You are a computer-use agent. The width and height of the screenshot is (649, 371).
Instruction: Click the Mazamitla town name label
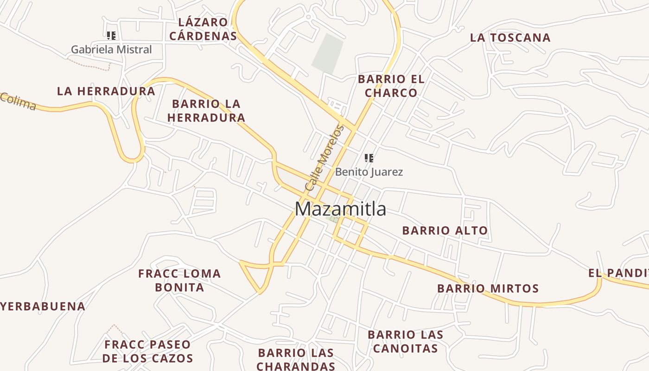[340, 209]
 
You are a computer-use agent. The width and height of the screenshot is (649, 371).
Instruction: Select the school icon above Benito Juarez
[369, 158]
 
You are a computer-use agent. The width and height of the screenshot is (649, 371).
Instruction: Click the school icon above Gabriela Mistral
[111, 35]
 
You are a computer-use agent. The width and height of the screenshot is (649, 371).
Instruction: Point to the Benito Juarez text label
[369, 172]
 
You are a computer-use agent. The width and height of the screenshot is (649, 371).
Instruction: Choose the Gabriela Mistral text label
[111, 49]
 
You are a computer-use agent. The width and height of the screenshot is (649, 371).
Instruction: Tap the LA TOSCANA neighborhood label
[510, 38]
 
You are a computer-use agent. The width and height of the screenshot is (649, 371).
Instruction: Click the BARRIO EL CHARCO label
[391, 86]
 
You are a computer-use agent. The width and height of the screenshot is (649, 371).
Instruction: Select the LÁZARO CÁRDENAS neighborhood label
[203, 29]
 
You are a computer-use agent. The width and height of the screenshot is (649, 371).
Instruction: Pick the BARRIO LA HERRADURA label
[206, 111]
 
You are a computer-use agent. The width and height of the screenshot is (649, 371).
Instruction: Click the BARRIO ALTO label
[445, 230]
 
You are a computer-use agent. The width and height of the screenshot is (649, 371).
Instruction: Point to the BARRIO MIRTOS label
[488, 288]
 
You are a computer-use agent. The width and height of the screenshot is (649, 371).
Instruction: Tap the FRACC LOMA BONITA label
[179, 280]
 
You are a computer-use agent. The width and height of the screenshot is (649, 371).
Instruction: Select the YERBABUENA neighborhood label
[43, 307]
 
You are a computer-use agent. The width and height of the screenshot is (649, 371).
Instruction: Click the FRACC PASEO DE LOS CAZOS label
[147, 351]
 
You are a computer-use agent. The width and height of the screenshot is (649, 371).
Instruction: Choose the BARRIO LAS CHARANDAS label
[296, 359]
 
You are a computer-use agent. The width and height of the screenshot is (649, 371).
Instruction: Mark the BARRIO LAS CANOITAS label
[405, 341]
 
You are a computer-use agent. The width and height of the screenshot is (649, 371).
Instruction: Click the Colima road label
[18, 102]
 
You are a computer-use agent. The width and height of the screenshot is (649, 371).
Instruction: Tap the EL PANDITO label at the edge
[618, 273]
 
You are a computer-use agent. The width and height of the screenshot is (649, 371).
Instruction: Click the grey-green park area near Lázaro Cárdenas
[328, 54]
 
